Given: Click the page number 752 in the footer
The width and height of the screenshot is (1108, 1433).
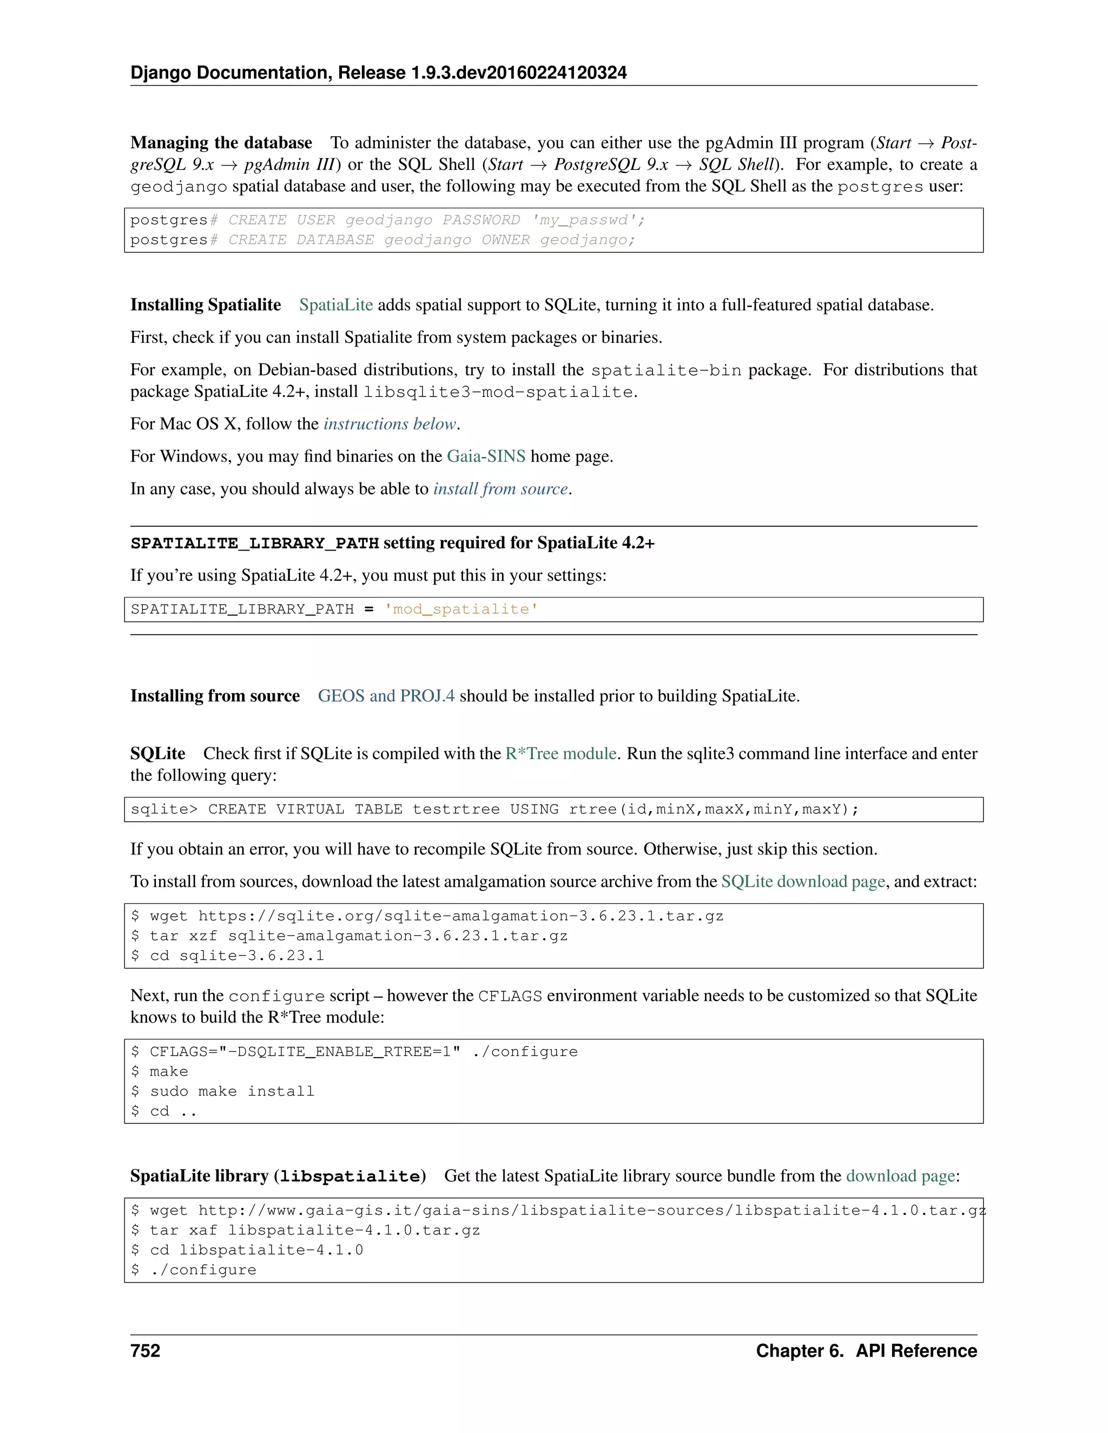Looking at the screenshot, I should (145, 1351).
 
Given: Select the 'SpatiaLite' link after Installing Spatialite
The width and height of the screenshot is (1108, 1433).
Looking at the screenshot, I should (335, 305).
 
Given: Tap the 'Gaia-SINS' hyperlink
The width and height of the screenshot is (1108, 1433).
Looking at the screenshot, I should (486, 456).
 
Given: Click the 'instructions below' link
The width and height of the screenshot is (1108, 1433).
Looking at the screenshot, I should (390, 424).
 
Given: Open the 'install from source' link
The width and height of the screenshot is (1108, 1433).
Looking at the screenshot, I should (500, 489).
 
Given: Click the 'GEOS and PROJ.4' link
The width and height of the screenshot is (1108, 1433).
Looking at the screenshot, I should (386, 696).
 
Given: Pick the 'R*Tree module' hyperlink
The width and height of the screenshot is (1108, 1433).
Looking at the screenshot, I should (560, 754).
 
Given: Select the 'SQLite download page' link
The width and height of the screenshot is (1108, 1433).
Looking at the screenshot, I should (803, 882).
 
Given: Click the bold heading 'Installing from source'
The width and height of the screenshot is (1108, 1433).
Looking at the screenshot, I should (215, 696).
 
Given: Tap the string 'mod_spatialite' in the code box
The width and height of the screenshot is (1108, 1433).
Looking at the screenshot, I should (461, 609).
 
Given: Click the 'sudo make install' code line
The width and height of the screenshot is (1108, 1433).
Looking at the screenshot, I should (232, 1091).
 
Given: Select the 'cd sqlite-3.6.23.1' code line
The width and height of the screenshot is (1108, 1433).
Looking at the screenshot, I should (236, 956).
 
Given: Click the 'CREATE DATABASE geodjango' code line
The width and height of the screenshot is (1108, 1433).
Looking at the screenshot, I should (382, 240).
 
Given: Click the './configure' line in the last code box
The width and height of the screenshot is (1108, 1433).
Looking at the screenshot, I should (203, 1270).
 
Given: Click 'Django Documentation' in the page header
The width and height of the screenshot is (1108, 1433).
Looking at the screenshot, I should (231, 73).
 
